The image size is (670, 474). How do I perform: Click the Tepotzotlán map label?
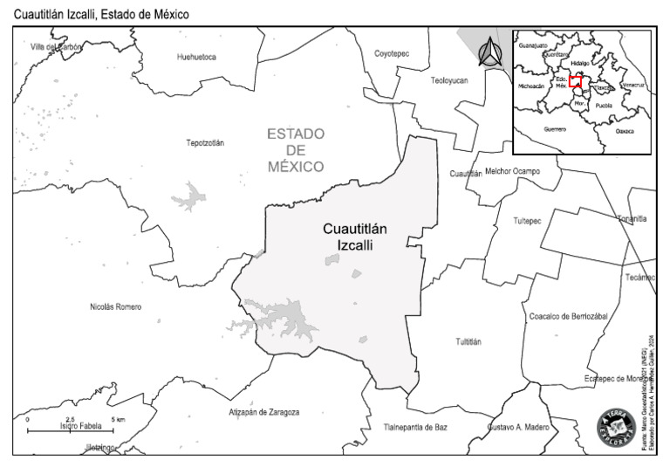click(204, 142)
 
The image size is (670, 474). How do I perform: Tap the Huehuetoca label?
click(195, 57)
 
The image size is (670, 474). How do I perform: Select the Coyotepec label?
click(392, 53)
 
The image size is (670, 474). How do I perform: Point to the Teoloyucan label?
click(449, 79)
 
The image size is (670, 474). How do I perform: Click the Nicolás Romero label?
click(115, 306)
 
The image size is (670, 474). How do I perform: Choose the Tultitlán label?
click(468, 341)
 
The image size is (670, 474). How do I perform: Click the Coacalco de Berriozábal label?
click(568, 315)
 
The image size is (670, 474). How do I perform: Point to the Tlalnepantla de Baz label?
click(415, 427)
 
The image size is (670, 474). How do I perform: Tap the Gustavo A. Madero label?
click(518, 427)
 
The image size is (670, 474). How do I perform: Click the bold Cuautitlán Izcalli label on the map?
click(355, 237)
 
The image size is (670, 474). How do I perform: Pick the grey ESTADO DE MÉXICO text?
click(296, 149)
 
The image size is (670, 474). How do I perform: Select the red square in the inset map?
click(576, 83)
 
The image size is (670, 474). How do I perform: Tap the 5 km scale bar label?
click(118, 420)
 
